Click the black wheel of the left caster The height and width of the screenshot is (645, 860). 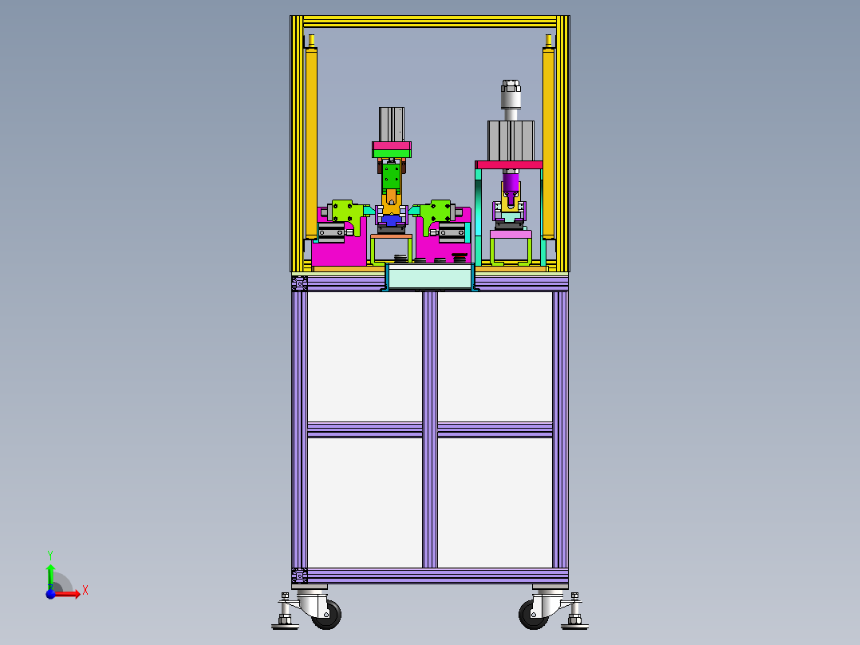pos(327,615)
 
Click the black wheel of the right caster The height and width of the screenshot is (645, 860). pos(533,615)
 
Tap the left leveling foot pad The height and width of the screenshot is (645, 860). pos(286,626)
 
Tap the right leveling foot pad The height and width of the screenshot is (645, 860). pos(574,626)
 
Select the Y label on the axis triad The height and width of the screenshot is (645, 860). pos(50,555)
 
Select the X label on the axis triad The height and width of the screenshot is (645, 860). pos(85,591)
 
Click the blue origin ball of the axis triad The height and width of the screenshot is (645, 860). pos(50,594)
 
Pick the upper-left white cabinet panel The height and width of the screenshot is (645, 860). pos(365,357)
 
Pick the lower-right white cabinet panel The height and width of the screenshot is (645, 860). pos(495,503)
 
